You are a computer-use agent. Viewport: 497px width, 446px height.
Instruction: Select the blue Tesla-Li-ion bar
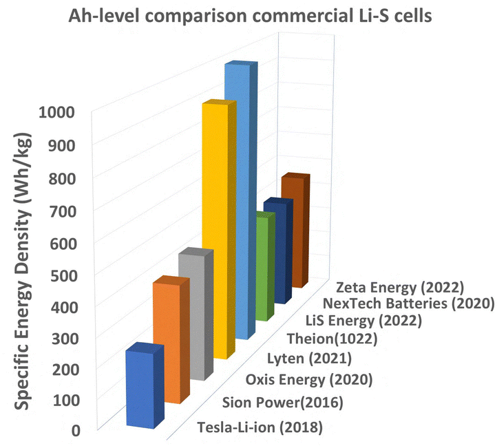(x=141, y=389)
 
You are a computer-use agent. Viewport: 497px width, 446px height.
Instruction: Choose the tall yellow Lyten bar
(x=215, y=227)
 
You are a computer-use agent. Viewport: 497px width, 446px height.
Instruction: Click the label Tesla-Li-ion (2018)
(x=260, y=427)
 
